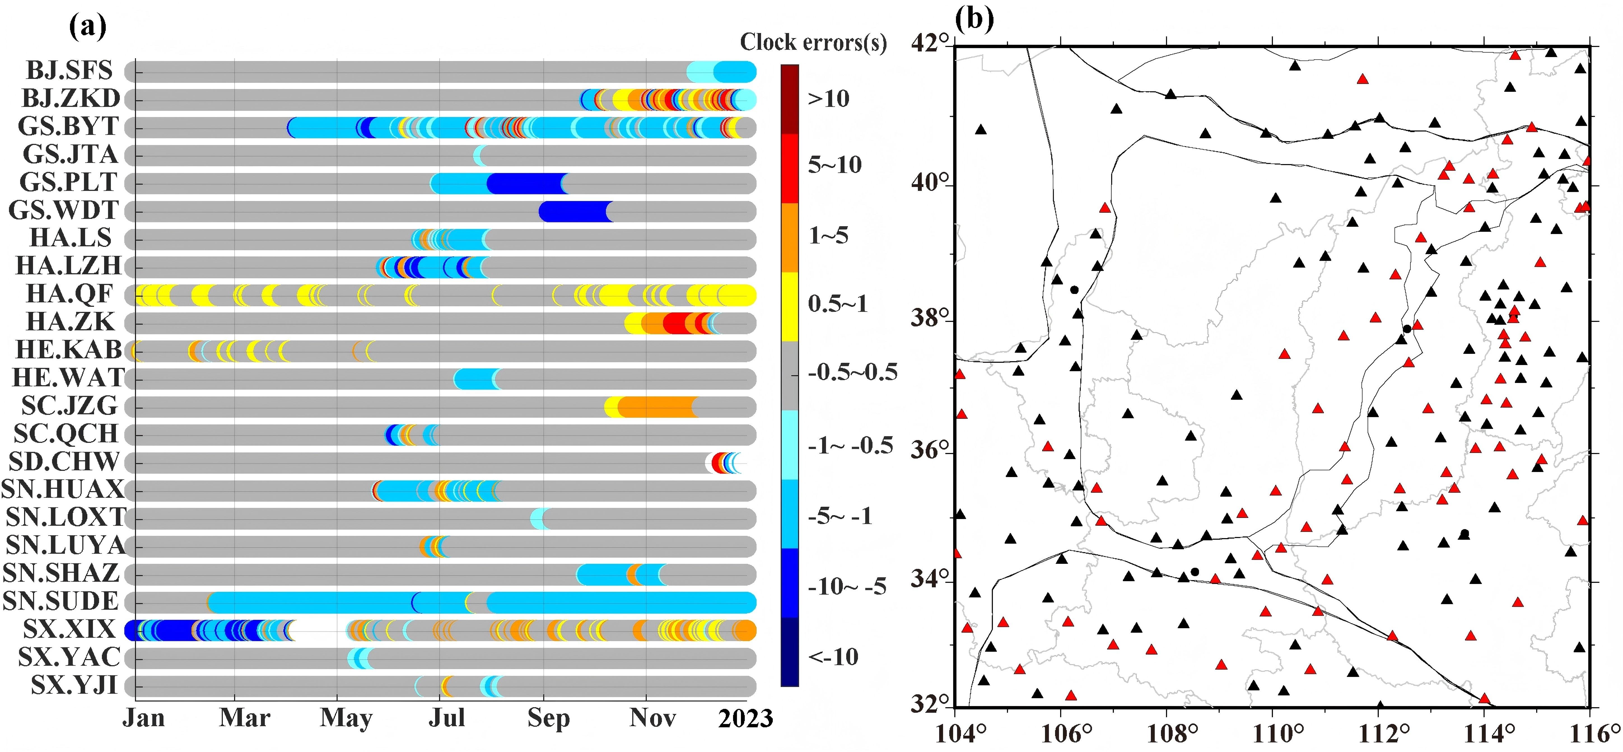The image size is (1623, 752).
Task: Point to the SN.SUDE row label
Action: (x=60, y=601)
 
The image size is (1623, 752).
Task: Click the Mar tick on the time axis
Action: (x=244, y=718)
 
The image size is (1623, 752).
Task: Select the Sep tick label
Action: (x=548, y=718)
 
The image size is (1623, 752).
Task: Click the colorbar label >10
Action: (x=829, y=99)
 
